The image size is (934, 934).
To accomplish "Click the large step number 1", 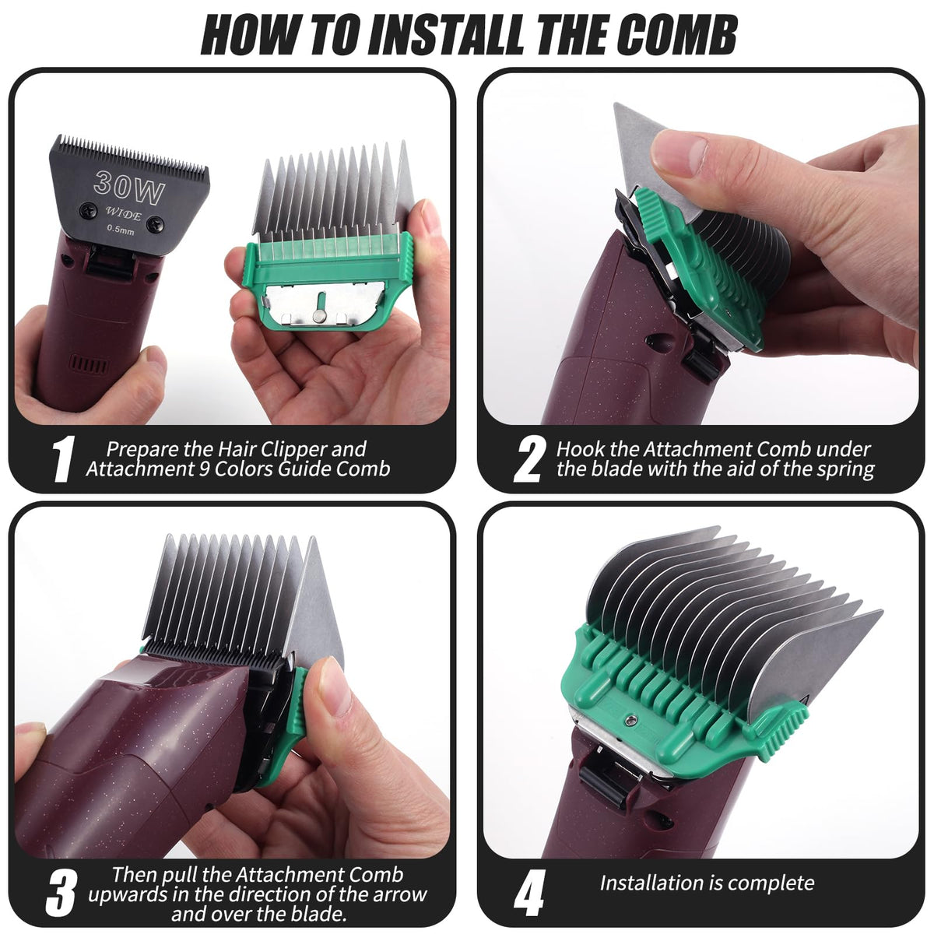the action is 64,458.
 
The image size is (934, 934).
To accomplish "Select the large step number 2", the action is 529,458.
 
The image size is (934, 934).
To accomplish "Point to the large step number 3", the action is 61,892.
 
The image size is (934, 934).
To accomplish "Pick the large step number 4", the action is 528,892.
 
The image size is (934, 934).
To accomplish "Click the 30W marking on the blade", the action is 129,188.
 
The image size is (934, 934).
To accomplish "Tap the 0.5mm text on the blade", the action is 120,230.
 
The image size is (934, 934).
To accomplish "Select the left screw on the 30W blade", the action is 88,209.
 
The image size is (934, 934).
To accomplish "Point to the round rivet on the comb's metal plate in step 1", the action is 318,318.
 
